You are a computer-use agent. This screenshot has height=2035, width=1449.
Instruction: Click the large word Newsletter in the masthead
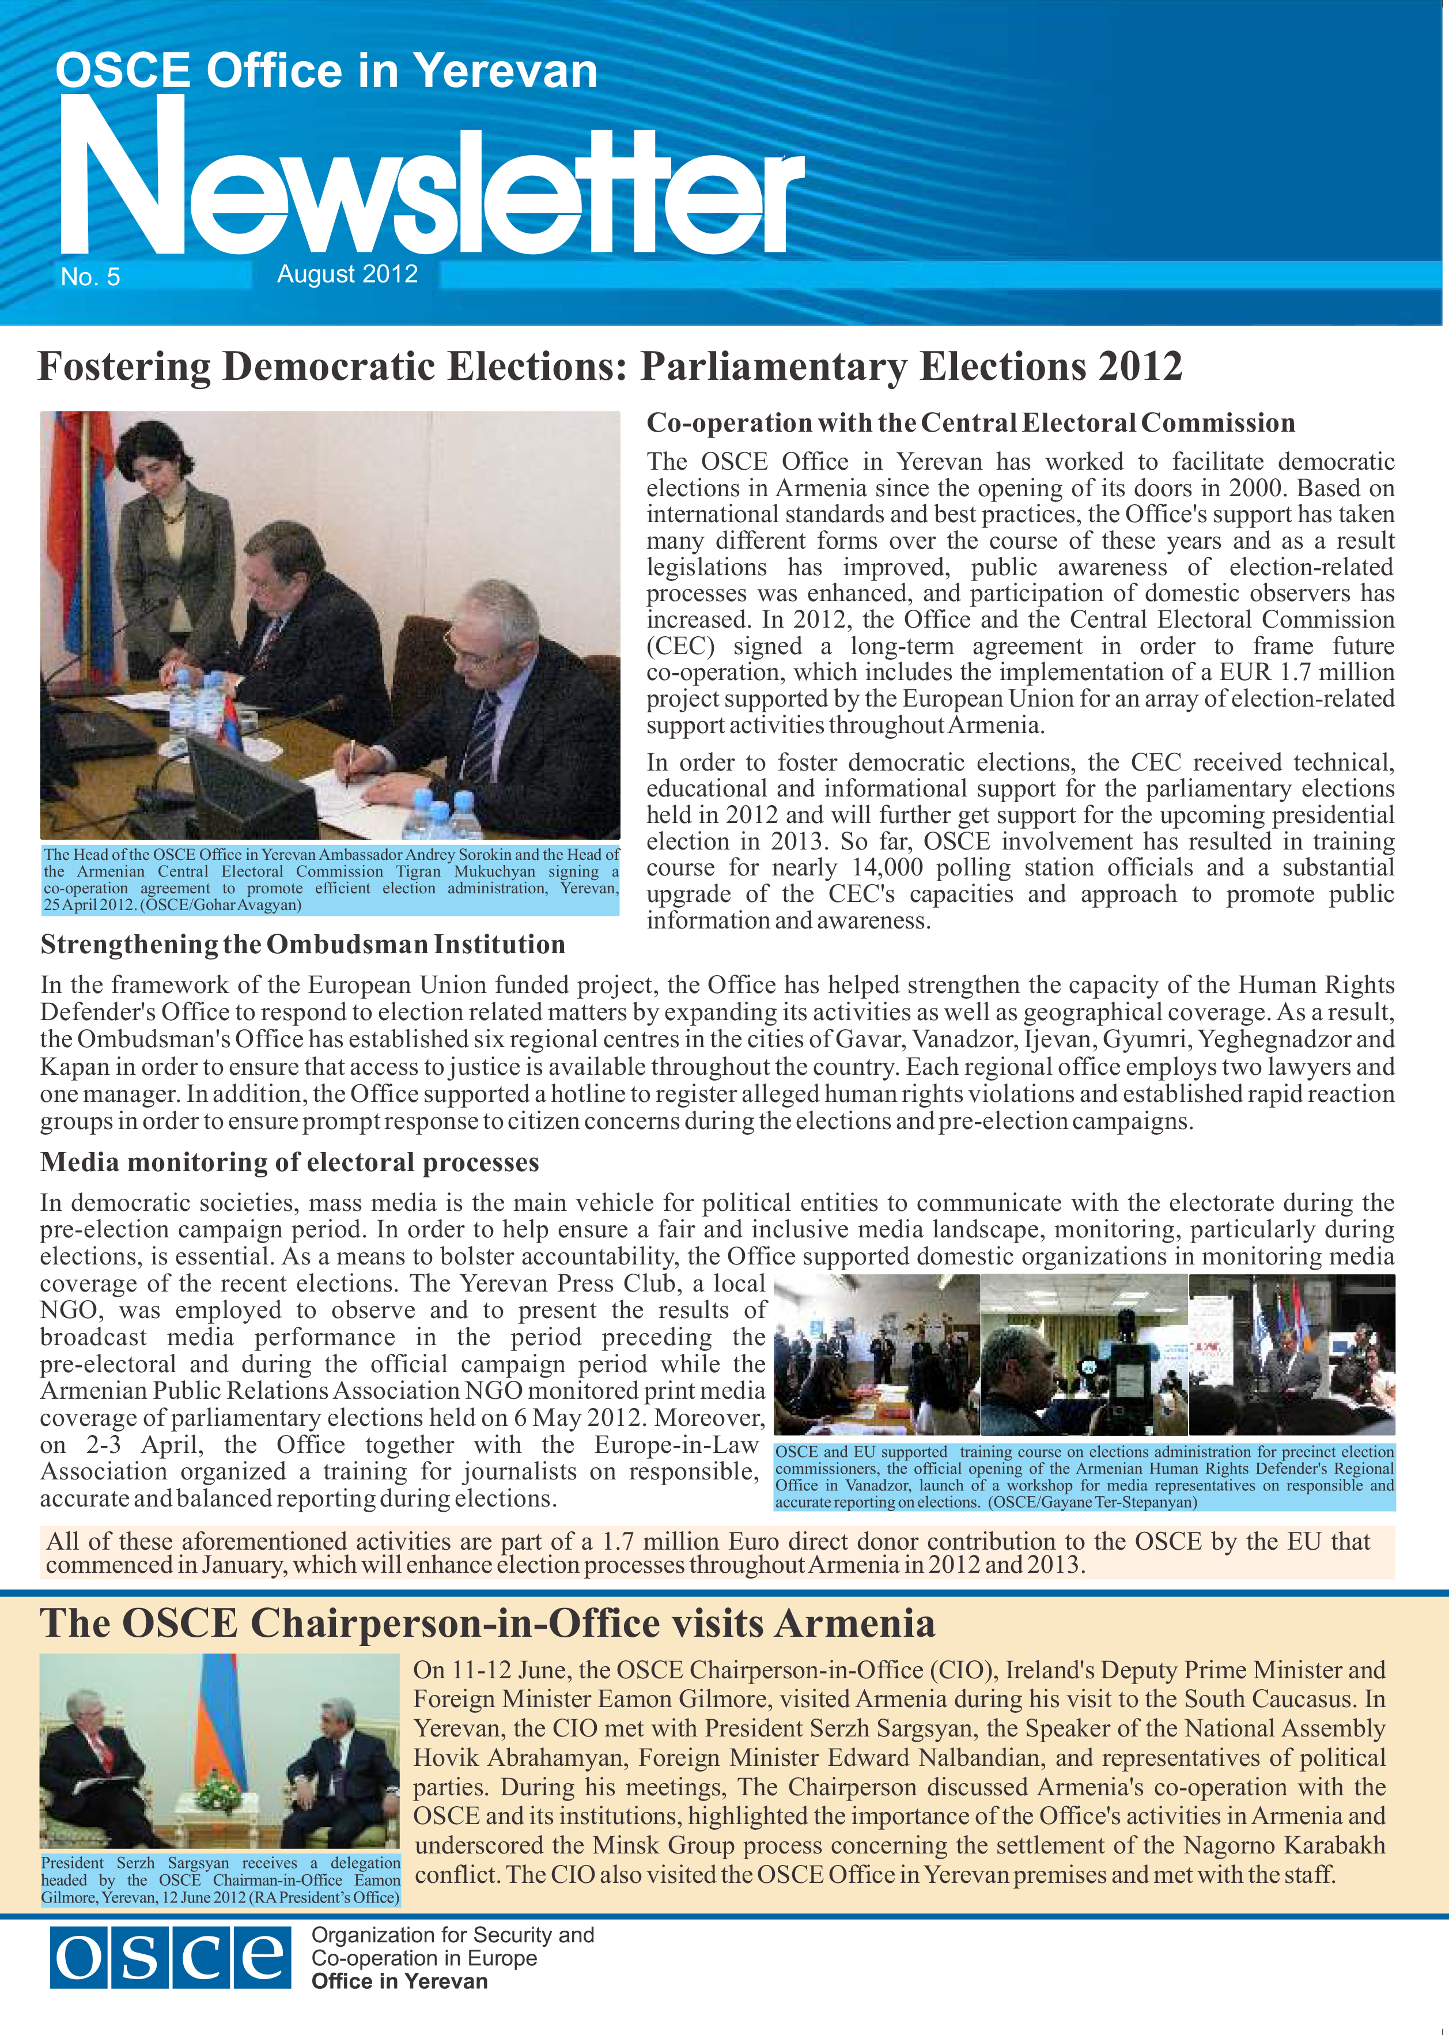click(x=428, y=187)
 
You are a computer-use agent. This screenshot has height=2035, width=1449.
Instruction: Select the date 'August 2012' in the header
click(x=347, y=274)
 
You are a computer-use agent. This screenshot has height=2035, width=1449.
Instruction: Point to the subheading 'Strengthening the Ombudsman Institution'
click(x=302, y=945)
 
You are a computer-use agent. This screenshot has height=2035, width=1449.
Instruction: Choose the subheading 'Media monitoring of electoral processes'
click(x=289, y=1162)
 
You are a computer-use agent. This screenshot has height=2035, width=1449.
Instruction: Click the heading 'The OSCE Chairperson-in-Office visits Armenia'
click(x=487, y=1624)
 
